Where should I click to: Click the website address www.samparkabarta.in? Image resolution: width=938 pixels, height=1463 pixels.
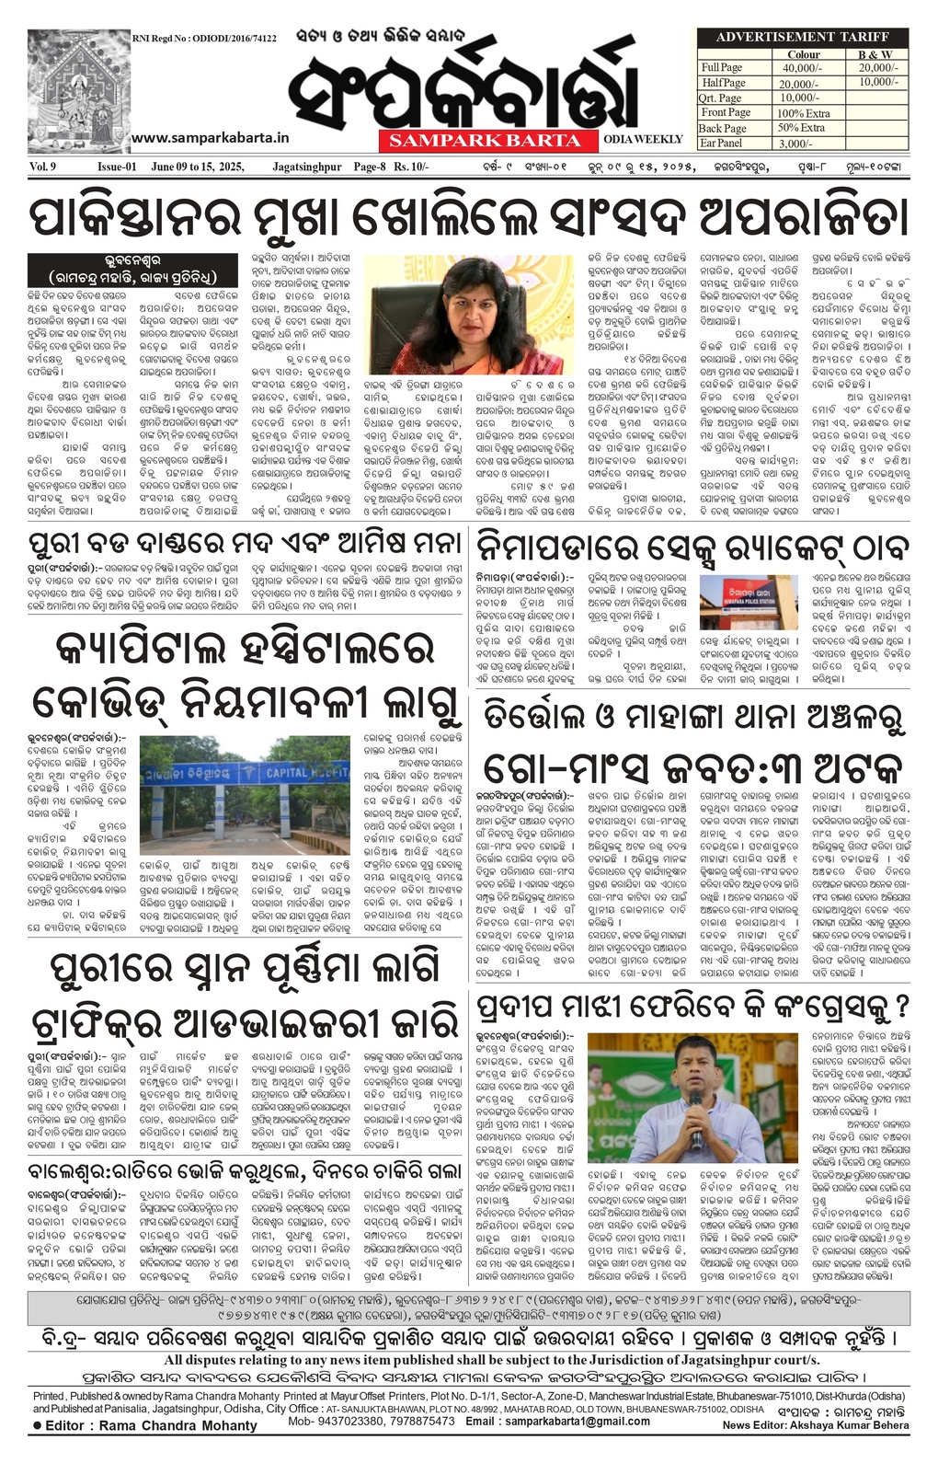pos(211,137)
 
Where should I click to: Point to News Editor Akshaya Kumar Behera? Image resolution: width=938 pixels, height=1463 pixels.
pos(815,1425)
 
